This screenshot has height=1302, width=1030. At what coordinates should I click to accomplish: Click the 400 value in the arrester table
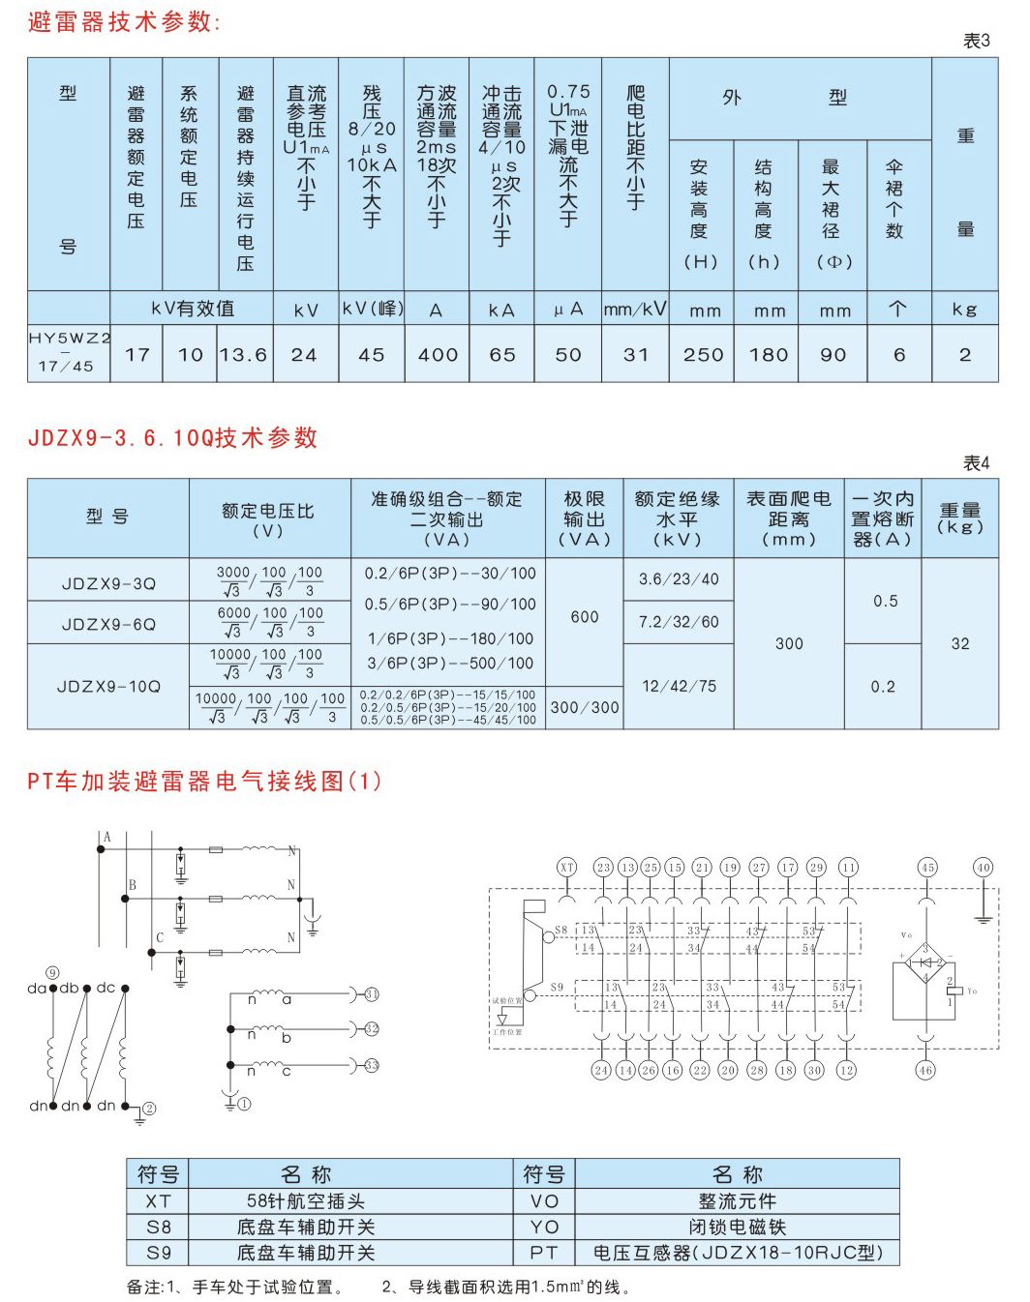pos(438,355)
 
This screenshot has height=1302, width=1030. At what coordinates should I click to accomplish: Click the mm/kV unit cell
pos(635,310)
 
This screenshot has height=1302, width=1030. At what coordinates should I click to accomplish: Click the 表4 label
pos(976,463)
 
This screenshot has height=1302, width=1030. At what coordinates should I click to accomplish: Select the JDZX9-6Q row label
pos(108,624)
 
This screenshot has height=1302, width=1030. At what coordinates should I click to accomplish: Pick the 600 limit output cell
pos(585,616)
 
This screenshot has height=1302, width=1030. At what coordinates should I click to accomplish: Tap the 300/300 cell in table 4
pos(585,707)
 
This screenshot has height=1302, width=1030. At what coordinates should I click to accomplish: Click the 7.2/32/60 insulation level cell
pos(679,622)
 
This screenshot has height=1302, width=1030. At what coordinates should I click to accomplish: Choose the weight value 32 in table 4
pos(959,643)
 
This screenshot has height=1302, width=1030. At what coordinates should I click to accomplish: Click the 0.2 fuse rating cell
pos(883,687)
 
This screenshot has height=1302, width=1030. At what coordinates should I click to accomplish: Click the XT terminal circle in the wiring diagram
pos(567,867)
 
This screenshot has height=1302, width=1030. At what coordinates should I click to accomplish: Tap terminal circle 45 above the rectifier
pos(927,867)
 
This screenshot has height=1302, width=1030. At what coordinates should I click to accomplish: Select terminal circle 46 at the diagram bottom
pos(925,1070)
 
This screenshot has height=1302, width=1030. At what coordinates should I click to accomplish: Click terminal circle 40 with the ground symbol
pos(984,867)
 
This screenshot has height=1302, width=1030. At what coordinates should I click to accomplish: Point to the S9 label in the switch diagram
pos(558,988)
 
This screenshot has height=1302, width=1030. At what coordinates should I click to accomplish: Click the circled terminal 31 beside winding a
pos(372,994)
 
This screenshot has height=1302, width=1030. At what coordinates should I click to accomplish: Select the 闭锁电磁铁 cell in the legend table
pos(737,1227)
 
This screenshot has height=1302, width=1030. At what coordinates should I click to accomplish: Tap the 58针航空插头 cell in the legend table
pos(306,1201)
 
